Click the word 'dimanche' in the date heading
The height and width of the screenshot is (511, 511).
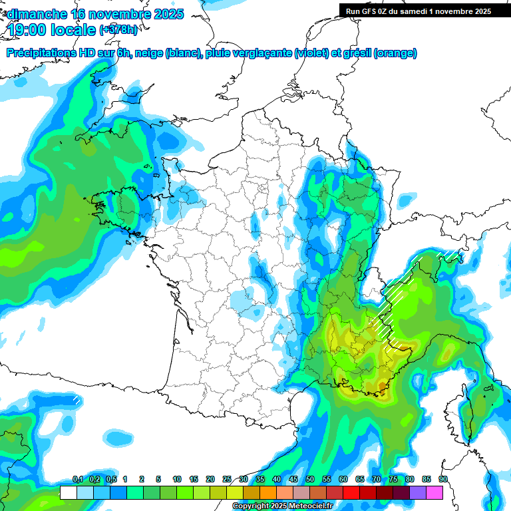click(x=37, y=14)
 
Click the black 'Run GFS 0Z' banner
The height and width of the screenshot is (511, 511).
click(x=415, y=11)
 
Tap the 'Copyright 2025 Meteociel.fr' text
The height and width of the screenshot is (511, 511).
click(x=281, y=506)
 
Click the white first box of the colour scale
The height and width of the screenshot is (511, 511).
click(x=68, y=492)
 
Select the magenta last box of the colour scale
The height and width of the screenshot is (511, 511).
click(x=434, y=492)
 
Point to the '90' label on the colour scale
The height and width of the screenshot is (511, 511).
click(x=443, y=480)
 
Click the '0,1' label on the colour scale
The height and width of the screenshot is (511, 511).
click(x=77, y=480)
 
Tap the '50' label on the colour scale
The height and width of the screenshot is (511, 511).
click(x=310, y=480)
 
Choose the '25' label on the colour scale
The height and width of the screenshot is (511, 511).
click(x=227, y=480)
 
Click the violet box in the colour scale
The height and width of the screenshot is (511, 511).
click(x=418, y=492)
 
